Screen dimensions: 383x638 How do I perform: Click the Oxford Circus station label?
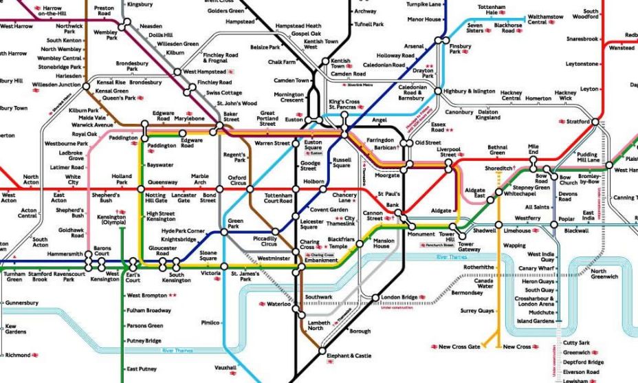point(237,180)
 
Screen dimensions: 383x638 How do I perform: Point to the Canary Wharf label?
point(537,268)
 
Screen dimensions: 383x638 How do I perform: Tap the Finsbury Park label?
point(460,49)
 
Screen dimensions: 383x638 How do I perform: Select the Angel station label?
point(379,120)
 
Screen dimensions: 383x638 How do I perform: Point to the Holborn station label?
point(313,182)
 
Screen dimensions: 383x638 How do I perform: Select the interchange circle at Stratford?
point(595,122)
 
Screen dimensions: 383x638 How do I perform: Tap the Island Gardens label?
point(535,321)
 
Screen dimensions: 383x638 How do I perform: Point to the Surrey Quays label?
point(477,311)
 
